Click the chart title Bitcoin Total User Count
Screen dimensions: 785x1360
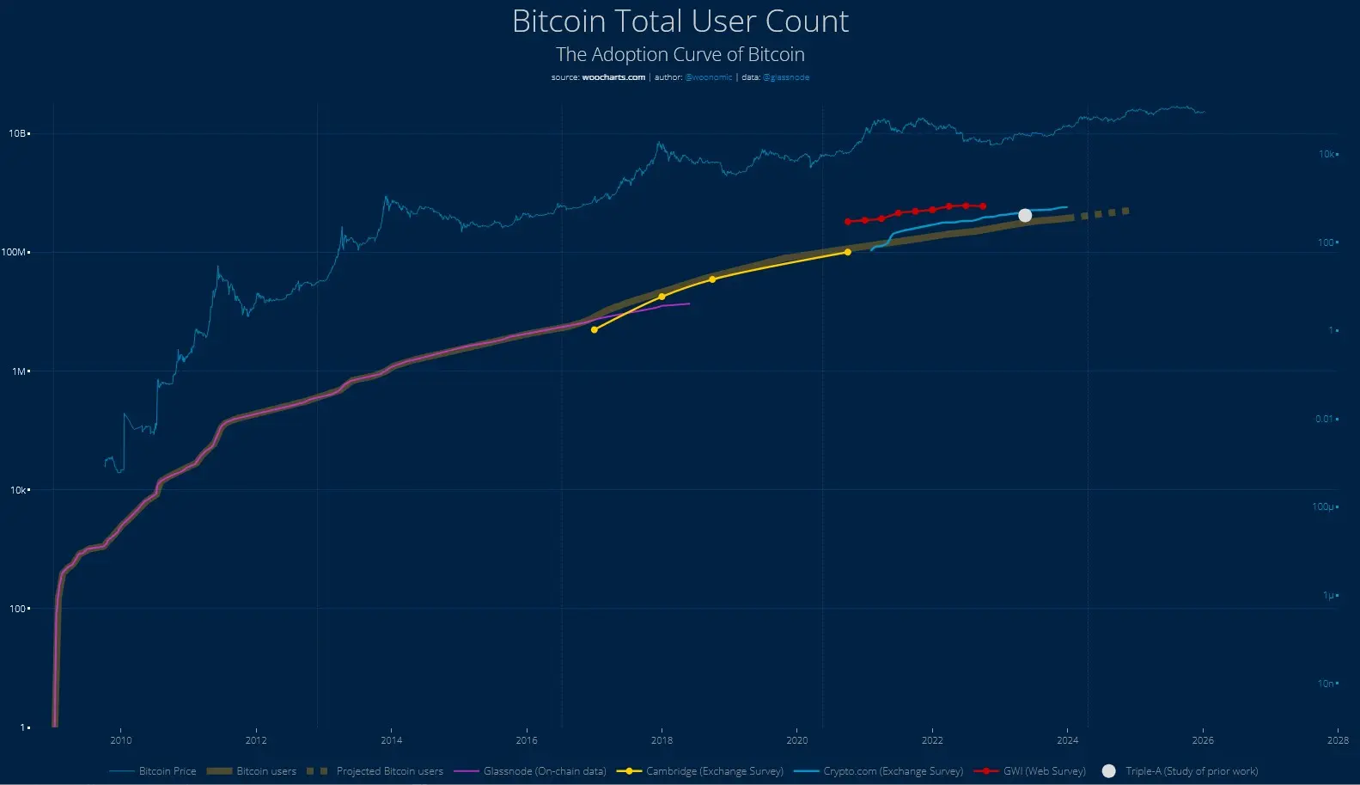tap(680, 21)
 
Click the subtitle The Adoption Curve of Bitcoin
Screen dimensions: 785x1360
tap(680, 54)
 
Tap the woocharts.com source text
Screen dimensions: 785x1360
tap(613, 77)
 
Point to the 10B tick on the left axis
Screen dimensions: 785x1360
tap(18, 133)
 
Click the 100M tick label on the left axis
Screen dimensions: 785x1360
tap(15, 252)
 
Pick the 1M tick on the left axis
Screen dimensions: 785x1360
tap(20, 371)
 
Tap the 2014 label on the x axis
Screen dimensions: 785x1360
tap(391, 740)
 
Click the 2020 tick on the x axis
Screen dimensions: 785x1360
tap(796, 740)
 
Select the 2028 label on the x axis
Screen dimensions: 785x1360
tap(1337, 740)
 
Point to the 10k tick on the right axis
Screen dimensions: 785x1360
tap(1327, 154)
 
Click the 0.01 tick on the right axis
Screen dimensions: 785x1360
tap(1325, 419)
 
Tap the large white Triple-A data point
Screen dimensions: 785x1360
tap(1025, 215)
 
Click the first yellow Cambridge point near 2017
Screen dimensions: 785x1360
tap(594, 329)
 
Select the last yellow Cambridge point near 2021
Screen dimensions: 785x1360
tap(847, 252)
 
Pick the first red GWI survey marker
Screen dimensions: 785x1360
tap(847, 221)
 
